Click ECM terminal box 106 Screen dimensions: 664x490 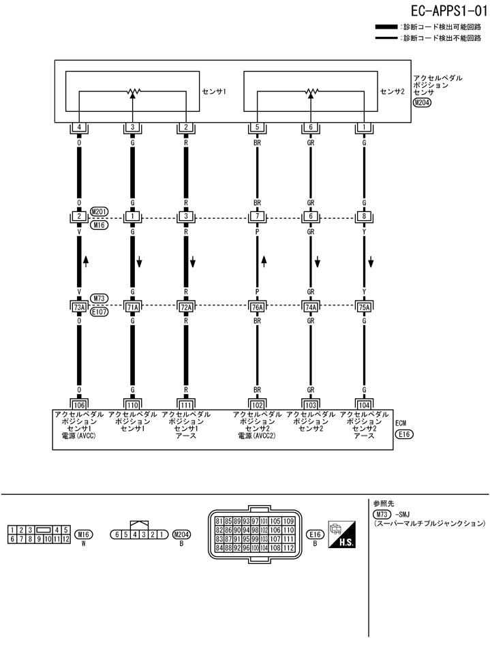pos(79,404)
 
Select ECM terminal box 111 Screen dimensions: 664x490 pos(186,404)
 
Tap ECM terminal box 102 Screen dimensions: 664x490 pos(257,404)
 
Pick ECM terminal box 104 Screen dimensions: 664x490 pos(364,404)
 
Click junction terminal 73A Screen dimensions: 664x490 pos(79,307)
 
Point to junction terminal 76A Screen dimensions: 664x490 pos(257,307)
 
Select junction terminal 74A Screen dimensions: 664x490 pos(311,307)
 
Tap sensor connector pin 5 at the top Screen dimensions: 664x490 pos(257,127)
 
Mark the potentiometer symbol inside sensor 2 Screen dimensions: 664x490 pos(311,91)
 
